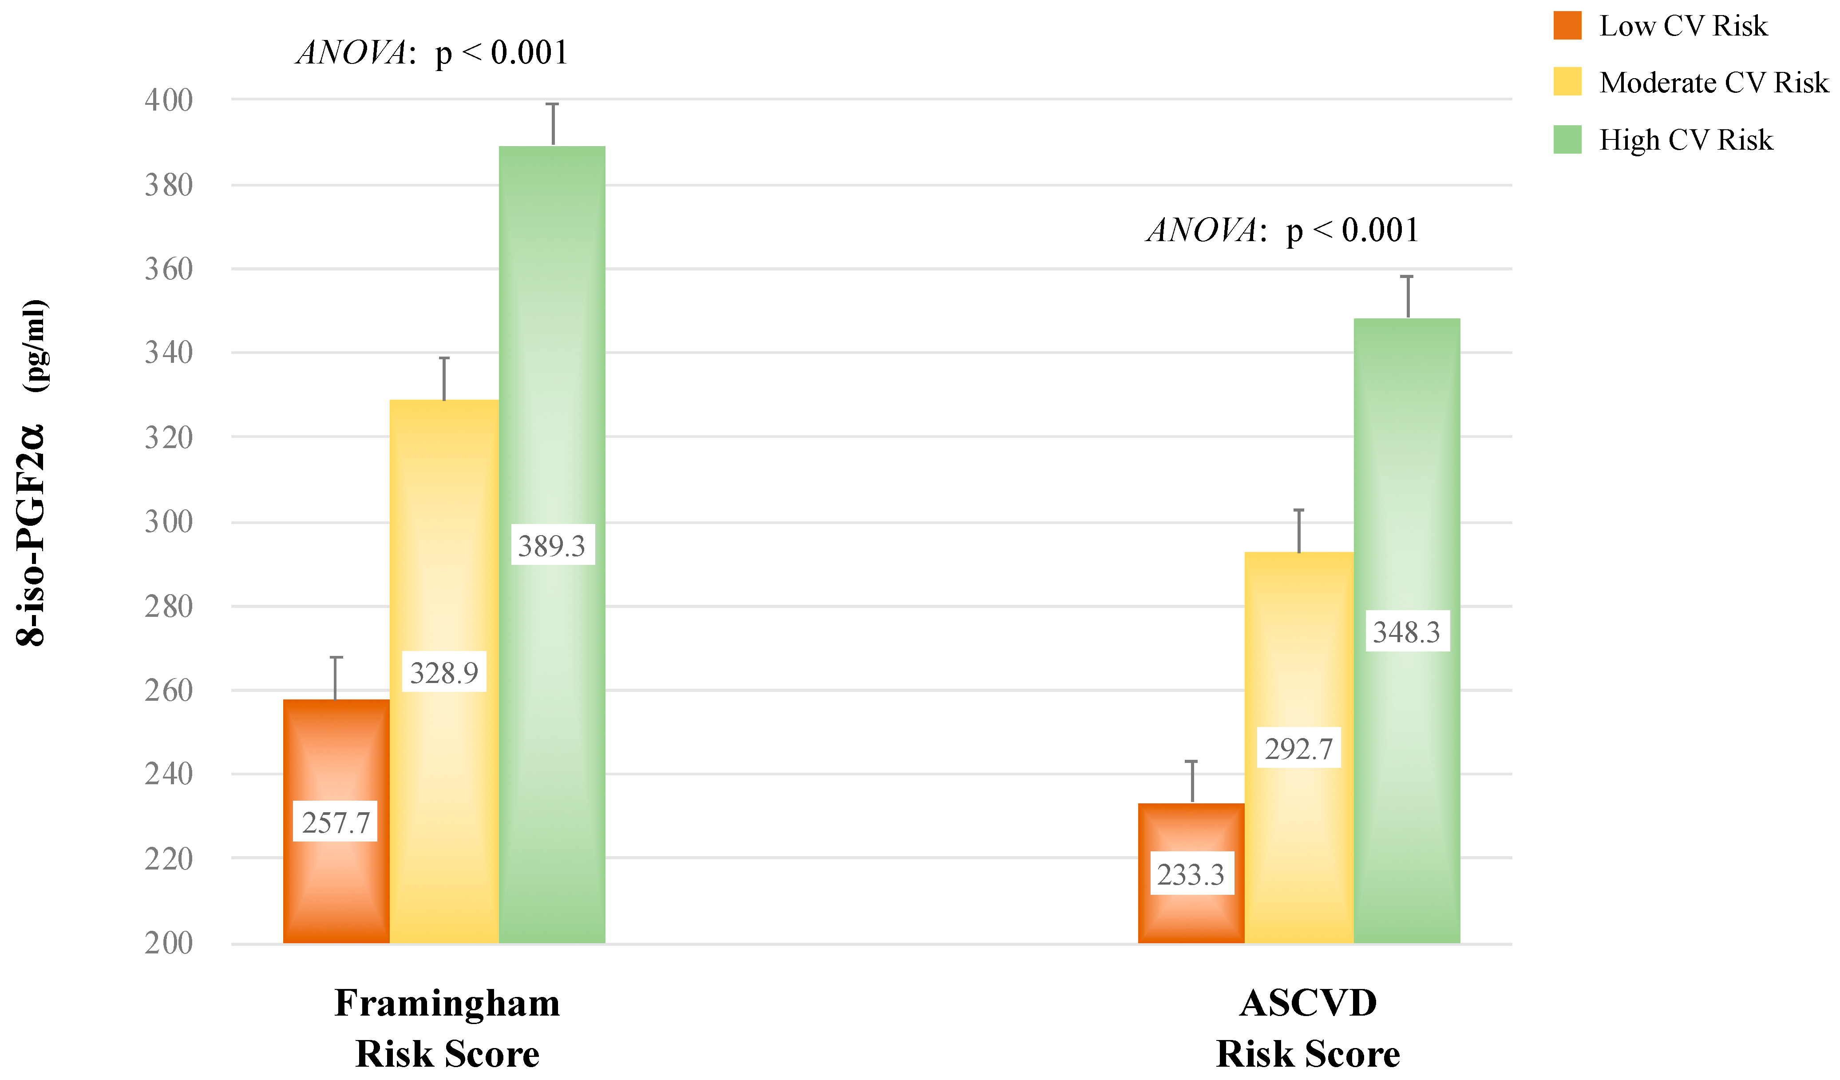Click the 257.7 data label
coord(335,823)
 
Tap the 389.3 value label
coord(552,545)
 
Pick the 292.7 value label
coord(1299,748)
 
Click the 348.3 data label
coord(1407,631)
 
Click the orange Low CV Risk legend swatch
coord(1567,26)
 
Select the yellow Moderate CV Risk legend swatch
coord(1567,82)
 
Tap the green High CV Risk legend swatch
coord(1567,139)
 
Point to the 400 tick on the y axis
coord(169,100)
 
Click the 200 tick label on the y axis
coord(169,944)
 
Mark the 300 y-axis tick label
coord(169,522)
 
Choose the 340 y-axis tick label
coord(169,353)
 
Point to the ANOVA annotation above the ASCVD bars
coord(1283,230)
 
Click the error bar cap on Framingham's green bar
coord(553,104)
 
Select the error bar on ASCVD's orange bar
coord(1191,781)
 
